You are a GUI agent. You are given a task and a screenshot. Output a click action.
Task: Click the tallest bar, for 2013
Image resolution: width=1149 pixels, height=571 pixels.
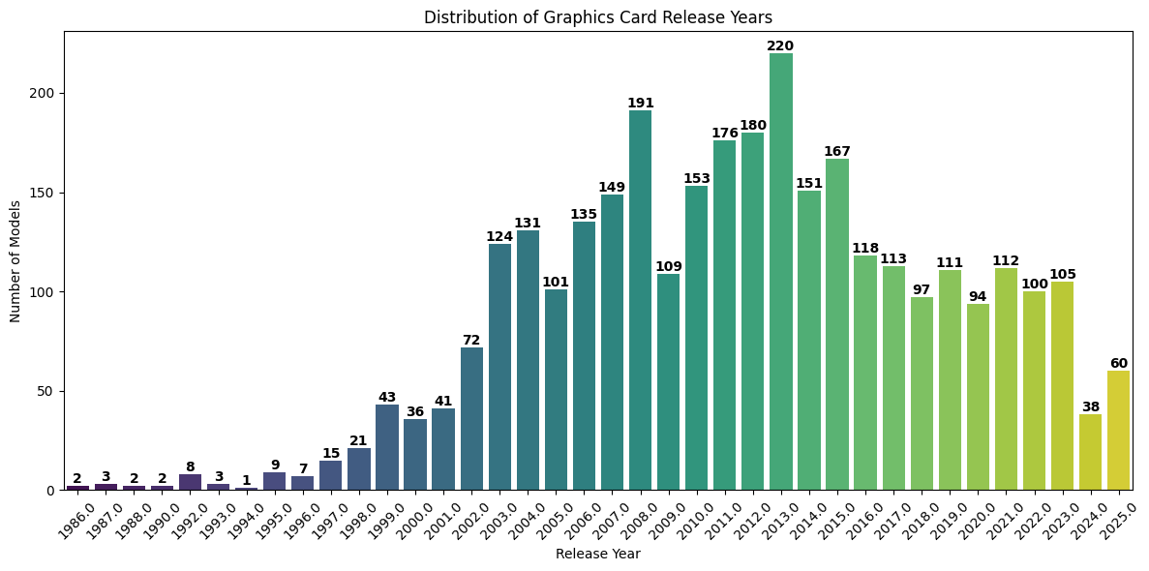click(780, 271)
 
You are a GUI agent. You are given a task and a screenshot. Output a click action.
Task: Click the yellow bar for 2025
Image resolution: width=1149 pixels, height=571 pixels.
click(1118, 431)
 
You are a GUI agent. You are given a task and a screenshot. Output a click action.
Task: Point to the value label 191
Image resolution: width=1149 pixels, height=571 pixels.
click(640, 104)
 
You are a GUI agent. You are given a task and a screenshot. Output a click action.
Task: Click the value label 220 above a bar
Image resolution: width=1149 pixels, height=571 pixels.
click(780, 45)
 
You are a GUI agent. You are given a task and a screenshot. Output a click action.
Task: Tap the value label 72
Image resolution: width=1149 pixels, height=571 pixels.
click(471, 340)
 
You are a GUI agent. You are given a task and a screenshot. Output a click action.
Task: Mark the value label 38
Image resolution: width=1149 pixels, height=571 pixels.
click(1090, 407)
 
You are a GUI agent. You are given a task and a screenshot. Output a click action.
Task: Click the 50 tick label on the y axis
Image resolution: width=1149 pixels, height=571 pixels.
click(48, 391)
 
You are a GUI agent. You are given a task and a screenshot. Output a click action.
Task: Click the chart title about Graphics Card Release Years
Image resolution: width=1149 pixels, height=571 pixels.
click(597, 17)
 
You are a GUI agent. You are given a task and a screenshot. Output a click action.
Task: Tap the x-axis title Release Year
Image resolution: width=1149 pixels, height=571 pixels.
click(597, 555)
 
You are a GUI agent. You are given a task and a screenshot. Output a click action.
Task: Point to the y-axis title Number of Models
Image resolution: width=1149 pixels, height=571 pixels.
click(15, 261)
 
